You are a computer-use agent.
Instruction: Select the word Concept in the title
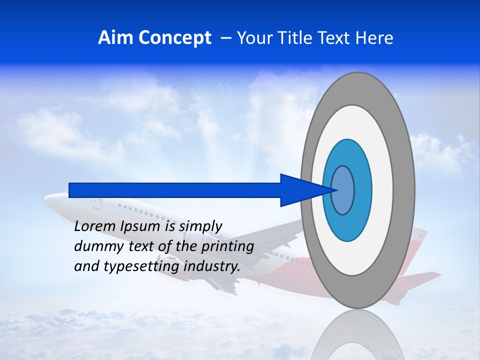(x=175, y=38)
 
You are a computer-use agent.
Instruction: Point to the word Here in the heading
(x=374, y=38)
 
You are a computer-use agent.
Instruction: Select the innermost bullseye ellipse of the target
(x=343, y=190)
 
